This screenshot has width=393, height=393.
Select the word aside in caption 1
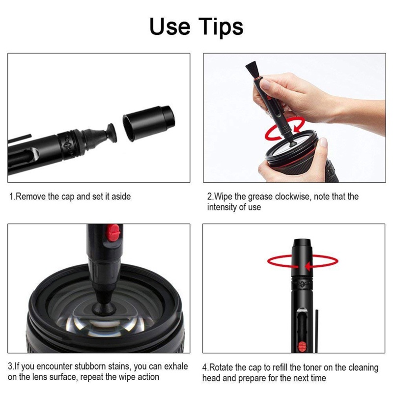(x=121, y=196)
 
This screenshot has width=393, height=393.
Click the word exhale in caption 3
(x=175, y=367)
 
